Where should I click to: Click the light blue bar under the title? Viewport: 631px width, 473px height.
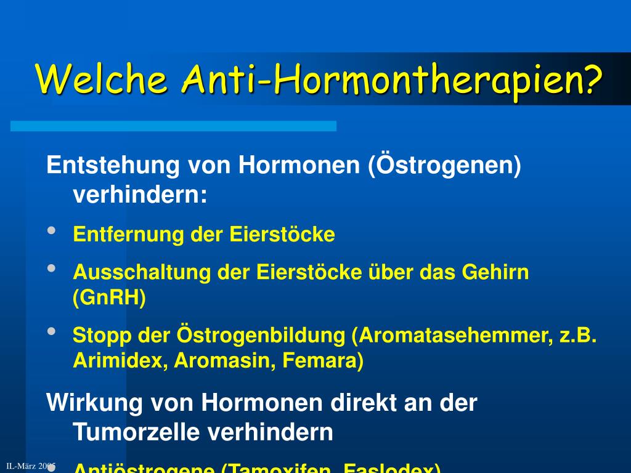[173, 126]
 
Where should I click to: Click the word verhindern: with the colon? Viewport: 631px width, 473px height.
[140, 195]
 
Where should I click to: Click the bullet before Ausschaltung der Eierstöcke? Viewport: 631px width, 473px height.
[52, 269]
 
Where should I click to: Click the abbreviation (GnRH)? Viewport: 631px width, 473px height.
[110, 298]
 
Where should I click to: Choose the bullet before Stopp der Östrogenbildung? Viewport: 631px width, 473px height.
[52, 331]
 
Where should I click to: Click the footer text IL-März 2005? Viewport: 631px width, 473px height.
[31, 466]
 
